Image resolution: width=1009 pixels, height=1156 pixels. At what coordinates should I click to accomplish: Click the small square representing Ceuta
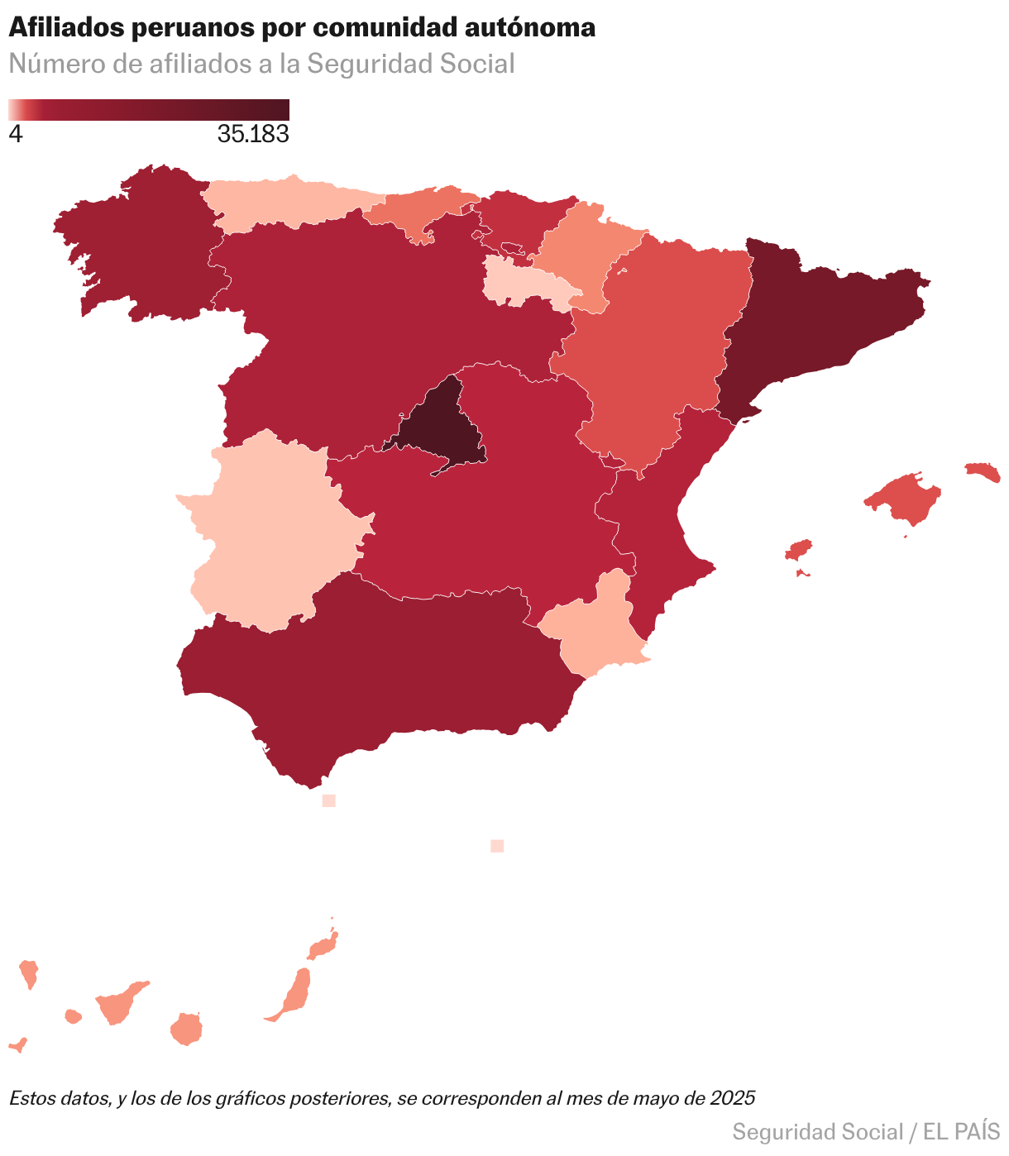pyautogui.click(x=328, y=800)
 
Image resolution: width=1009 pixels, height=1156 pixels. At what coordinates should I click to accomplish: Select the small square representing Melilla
pyautogui.click(x=497, y=845)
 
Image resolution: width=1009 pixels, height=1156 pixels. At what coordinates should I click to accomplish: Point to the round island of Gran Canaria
pyautogui.click(x=187, y=1029)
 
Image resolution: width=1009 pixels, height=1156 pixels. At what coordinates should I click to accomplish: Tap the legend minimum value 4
pyautogui.click(x=16, y=134)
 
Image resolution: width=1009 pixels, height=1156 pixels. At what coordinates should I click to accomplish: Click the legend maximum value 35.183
pyautogui.click(x=253, y=134)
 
